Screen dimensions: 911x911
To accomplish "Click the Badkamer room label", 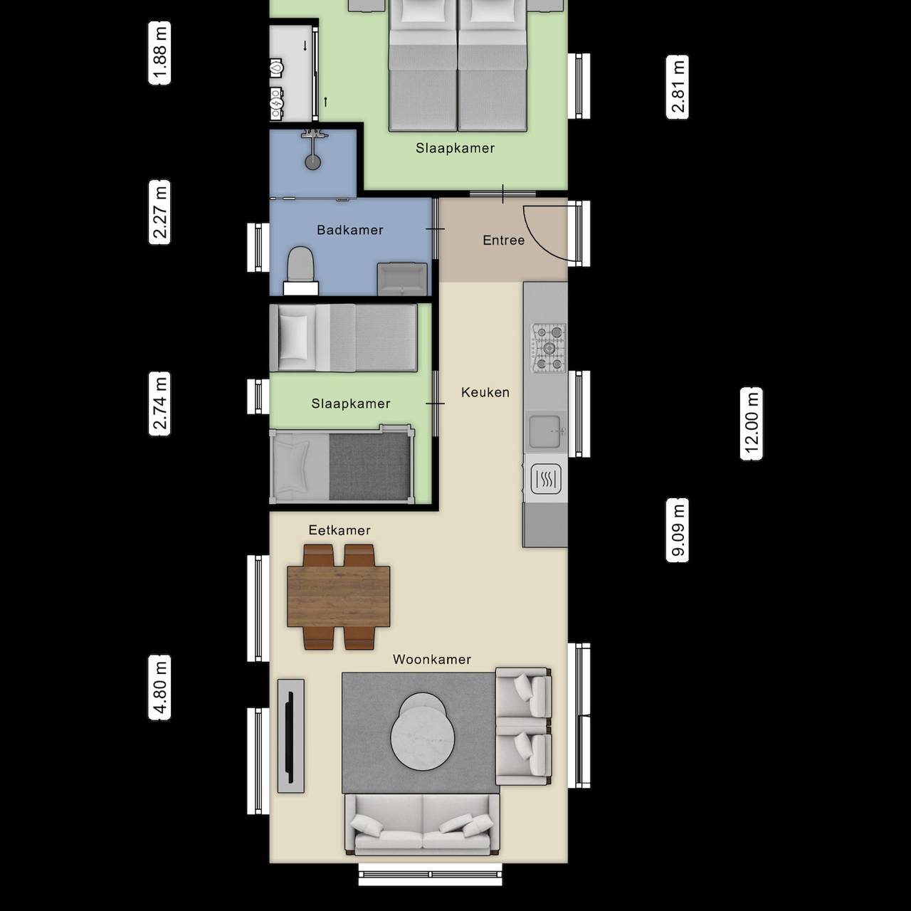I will [x=350, y=230].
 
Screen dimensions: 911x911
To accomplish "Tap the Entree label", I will [x=503, y=241].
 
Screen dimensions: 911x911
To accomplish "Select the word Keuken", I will [x=485, y=392].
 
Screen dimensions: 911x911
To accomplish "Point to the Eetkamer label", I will [x=339, y=530].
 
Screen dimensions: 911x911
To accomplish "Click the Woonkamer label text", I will [x=432, y=660].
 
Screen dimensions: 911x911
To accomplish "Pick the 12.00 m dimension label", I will [x=752, y=424].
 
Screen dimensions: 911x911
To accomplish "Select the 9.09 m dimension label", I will [x=678, y=530].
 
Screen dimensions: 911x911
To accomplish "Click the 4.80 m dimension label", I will [x=159, y=688].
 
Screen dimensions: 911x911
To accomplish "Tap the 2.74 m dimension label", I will [x=159, y=404].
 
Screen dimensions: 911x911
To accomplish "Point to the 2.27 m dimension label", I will [x=159, y=212].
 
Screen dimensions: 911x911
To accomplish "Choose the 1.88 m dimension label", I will [x=159, y=53].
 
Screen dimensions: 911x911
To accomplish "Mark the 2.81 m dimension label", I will [x=678, y=87].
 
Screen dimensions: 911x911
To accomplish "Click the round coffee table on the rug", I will [x=424, y=733].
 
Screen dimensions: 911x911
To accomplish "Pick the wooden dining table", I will [x=339, y=596].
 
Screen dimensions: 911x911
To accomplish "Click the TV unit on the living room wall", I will [x=291, y=735].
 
